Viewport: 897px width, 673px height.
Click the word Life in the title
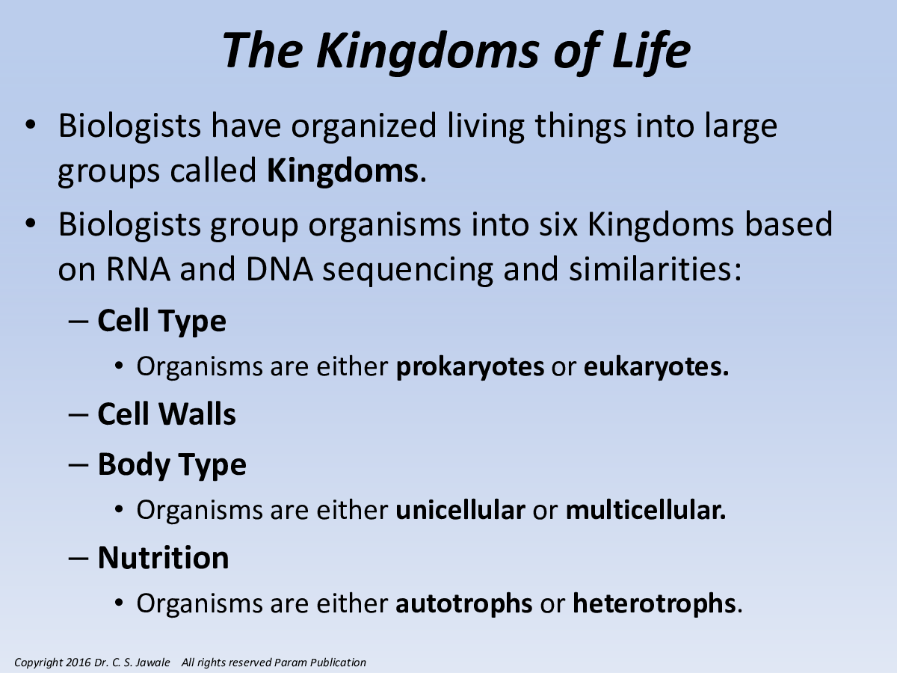(651, 52)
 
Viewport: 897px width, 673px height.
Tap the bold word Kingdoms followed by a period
(342, 170)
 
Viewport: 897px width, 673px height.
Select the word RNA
(138, 269)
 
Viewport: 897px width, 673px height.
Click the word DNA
(280, 269)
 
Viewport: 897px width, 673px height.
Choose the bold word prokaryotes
(470, 366)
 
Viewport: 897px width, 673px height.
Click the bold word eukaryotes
(653, 366)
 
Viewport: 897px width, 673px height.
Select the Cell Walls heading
(167, 414)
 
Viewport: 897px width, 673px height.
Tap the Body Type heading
(172, 464)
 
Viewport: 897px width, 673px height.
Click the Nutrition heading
(164, 557)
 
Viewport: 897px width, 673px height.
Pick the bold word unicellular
(460, 510)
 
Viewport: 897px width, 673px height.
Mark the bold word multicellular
(643, 510)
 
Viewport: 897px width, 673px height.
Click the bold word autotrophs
(464, 603)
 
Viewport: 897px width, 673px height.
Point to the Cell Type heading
(161, 322)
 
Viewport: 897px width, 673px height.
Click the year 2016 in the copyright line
(78, 663)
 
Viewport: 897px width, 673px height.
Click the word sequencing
(408, 271)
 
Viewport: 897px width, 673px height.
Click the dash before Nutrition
(79, 558)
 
